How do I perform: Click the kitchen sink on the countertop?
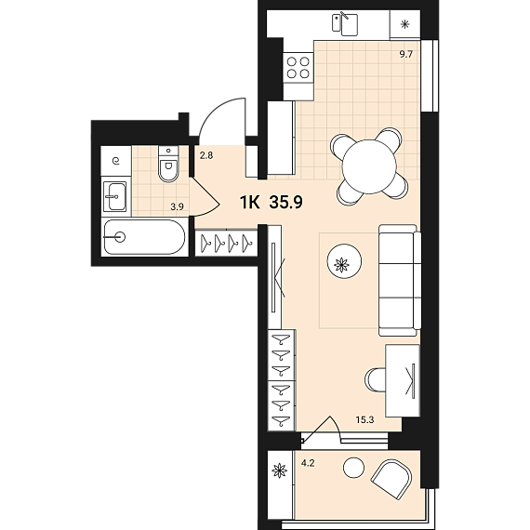(x=345, y=23)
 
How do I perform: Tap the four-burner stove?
(x=298, y=68)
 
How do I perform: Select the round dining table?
(x=369, y=167)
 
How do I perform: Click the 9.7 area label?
(x=406, y=54)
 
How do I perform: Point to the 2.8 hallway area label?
(x=206, y=156)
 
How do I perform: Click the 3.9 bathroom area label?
(x=177, y=206)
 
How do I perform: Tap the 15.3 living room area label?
(x=365, y=419)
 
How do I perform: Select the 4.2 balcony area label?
(x=308, y=463)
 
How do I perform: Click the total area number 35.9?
(x=286, y=202)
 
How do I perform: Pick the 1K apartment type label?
(x=250, y=202)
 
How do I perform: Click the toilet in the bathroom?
(x=168, y=165)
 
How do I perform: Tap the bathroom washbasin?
(x=115, y=196)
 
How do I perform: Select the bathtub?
(x=145, y=237)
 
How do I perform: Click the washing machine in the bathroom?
(x=116, y=161)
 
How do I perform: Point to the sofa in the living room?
(x=400, y=280)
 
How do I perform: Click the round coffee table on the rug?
(x=344, y=261)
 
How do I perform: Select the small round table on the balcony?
(x=354, y=468)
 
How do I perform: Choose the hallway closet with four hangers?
(x=227, y=243)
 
